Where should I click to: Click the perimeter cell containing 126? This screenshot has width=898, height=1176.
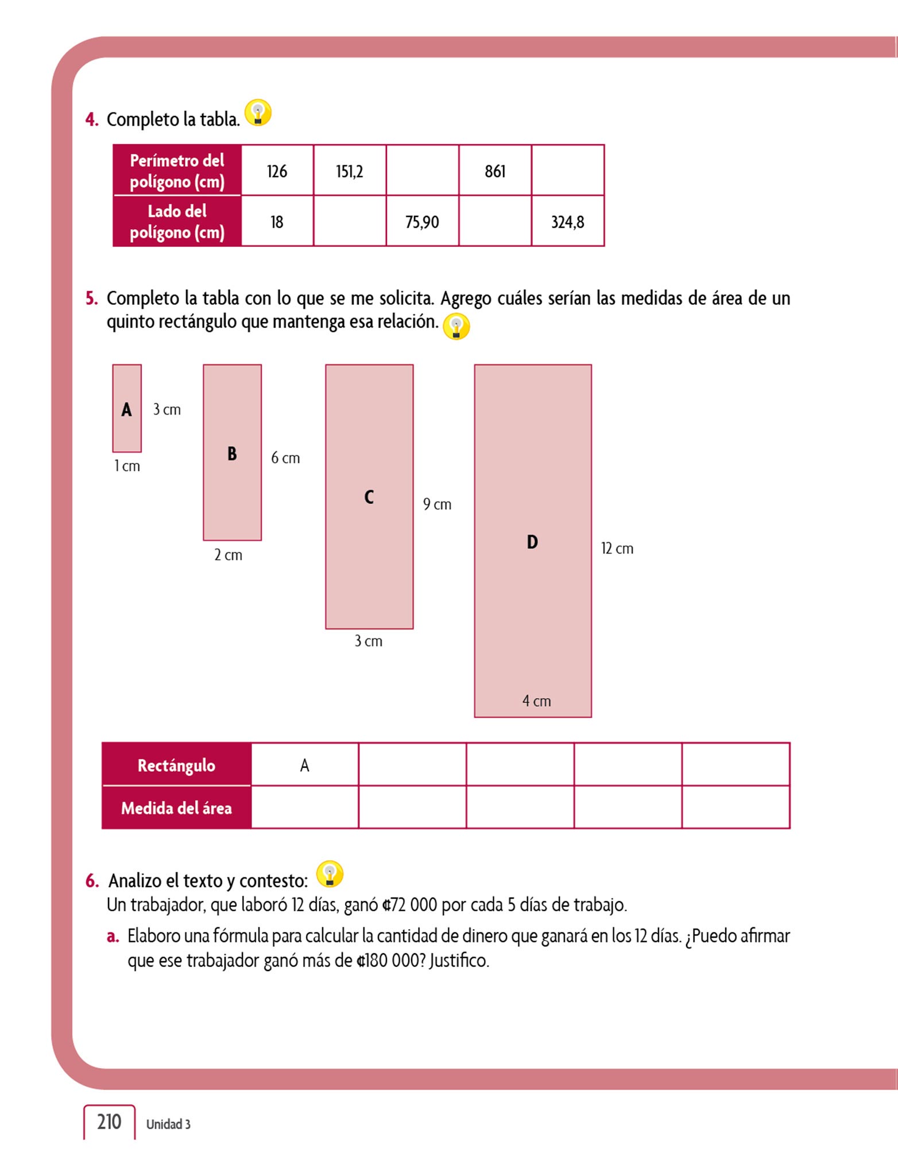[x=277, y=171]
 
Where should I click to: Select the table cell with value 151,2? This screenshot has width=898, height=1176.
[x=350, y=171]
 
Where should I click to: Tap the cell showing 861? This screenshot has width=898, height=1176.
[x=495, y=171]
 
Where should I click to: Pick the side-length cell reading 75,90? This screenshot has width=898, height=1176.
[x=422, y=222]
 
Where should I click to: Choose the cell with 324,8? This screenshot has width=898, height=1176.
[x=568, y=222]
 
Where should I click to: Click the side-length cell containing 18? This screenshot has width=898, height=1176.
[x=277, y=222]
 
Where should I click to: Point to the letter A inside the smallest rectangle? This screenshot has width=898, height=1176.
[x=127, y=409]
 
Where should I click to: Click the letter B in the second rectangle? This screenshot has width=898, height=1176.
[x=232, y=454]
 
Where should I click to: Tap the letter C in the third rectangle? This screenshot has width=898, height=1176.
[x=369, y=497]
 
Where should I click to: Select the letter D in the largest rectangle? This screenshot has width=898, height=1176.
[x=532, y=541]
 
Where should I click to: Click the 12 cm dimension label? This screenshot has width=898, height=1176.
[x=617, y=548]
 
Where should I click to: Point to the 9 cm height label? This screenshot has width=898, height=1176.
[x=437, y=504]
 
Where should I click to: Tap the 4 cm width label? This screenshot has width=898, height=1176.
[x=536, y=701]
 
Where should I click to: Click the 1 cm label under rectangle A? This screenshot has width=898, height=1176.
[x=127, y=466]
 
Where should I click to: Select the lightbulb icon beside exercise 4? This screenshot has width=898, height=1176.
[x=258, y=113]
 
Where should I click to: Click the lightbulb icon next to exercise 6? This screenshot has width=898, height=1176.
[x=330, y=874]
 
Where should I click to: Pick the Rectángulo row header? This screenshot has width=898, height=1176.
[x=176, y=765]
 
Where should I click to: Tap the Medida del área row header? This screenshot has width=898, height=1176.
[x=176, y=808]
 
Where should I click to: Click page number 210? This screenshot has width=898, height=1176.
[x=109, y=1121]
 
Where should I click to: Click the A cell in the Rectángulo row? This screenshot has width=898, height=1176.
[x=305, y=765]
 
